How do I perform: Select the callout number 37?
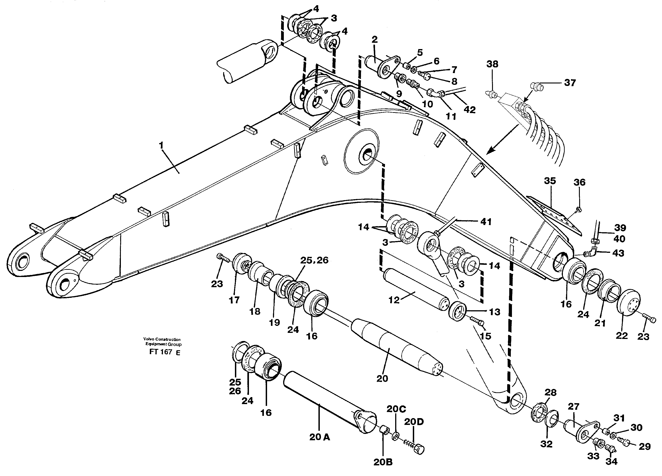[569, 83]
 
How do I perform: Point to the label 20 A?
[320, 437]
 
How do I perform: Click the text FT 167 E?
[164, 352]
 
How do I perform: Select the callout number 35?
[550, 181]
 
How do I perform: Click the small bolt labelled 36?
[577, 209]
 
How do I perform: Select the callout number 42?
[470, 110]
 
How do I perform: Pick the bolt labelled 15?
[478, 322]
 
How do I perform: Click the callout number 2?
[375, 40]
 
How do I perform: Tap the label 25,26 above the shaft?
[314, 260]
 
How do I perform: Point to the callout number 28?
[550, 392]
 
